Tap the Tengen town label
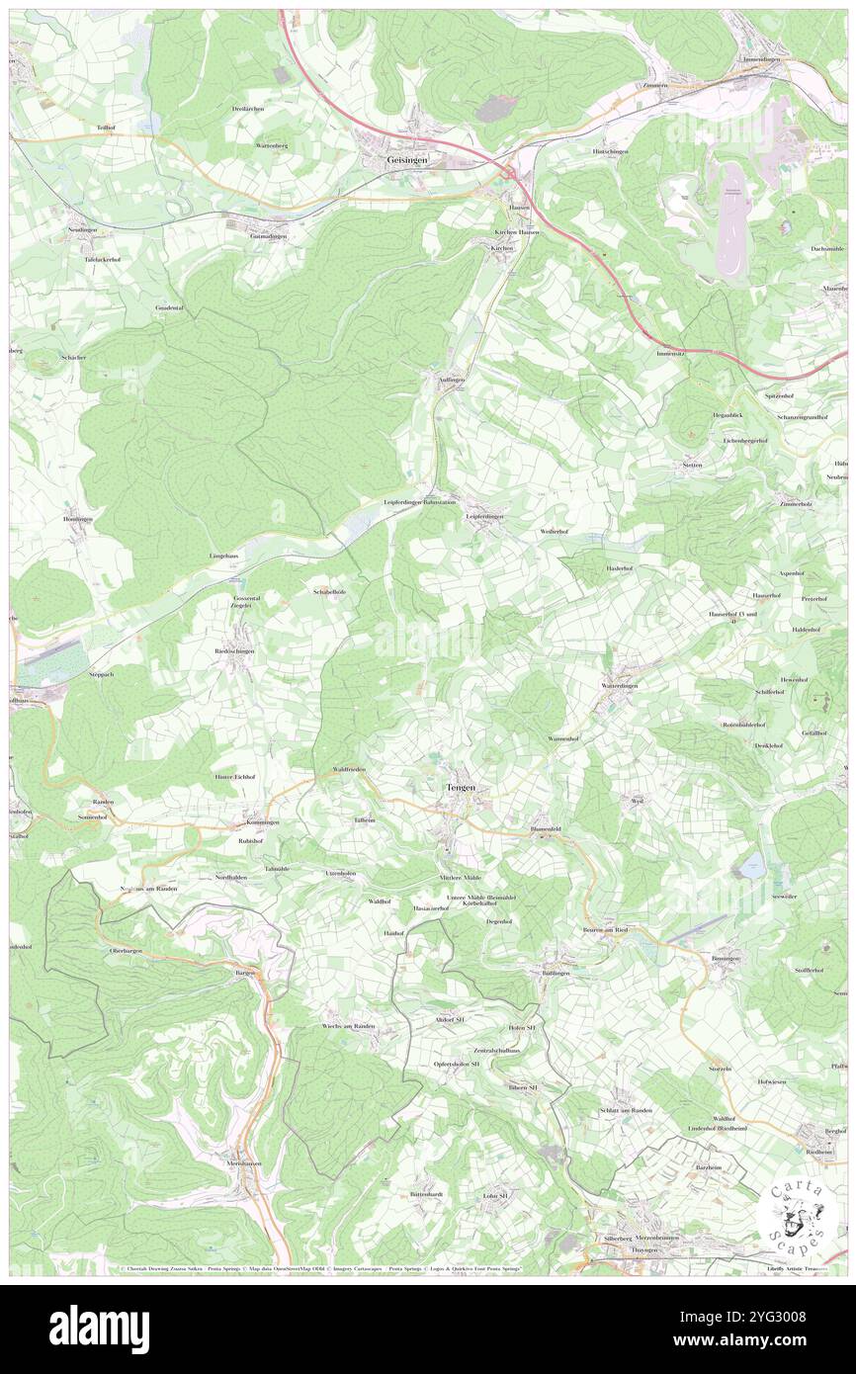(458, 787)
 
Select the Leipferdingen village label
(485, 516)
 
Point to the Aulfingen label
(445, 379)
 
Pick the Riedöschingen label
(235, 650)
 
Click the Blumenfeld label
(547, 828)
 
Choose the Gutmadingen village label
(268, 236)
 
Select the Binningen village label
(728, 959)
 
